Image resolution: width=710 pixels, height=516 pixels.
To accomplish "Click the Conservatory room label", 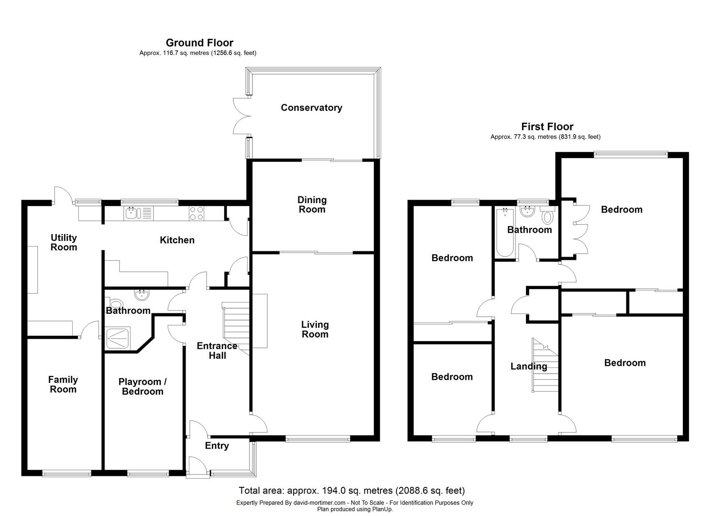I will coord(311,107).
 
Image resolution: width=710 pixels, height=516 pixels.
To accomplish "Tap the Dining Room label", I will coord(312,204).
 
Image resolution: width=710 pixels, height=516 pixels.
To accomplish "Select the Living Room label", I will coord(315,329).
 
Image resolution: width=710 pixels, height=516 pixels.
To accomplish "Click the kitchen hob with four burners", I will coord(197,213).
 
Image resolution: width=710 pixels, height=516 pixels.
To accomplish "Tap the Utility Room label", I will coord(64,242).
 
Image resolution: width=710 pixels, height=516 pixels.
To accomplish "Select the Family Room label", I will coord(63,384).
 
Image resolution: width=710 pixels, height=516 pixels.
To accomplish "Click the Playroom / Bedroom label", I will coord(142,387).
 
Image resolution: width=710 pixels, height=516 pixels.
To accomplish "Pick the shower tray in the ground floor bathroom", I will coord(120,338).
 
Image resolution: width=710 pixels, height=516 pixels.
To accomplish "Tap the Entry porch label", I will coord(217,446).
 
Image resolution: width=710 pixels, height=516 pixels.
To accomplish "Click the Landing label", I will coord(528,366).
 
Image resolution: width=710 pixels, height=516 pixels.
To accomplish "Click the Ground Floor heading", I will coord(199,43).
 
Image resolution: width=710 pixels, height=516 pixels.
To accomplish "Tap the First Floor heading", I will coord(547,127).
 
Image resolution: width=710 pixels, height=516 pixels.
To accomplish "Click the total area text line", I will coord(351,490).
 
